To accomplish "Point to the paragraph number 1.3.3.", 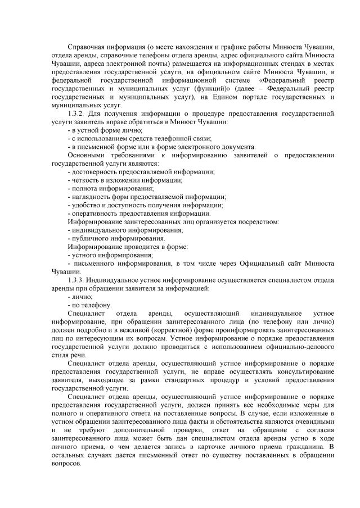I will [76, 280].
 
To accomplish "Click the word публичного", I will [91, 238].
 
